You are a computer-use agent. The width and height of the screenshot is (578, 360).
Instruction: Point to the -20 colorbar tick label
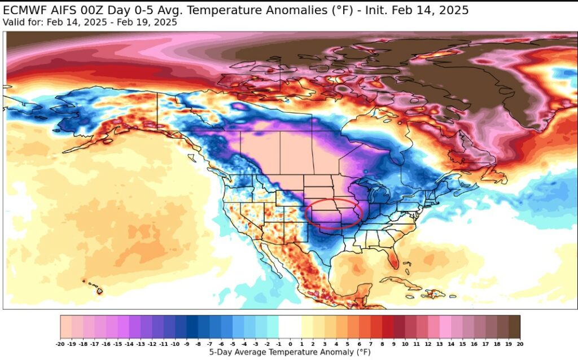(60, 343)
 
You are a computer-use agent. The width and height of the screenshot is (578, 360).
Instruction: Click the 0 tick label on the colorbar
(290, 343)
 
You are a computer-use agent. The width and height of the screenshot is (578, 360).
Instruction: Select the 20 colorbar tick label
(519, 343)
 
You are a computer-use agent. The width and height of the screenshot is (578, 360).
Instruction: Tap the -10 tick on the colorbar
(175, 343)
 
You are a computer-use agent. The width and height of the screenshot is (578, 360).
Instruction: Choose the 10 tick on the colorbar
(405, 343)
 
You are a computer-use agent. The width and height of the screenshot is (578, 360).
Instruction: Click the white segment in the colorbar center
(290, 327)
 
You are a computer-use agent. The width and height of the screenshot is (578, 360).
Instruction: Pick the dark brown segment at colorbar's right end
(514, 327)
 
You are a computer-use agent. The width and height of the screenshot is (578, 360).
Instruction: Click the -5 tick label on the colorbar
(233, 343)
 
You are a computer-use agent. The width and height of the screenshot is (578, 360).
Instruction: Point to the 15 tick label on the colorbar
(462, 343)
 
